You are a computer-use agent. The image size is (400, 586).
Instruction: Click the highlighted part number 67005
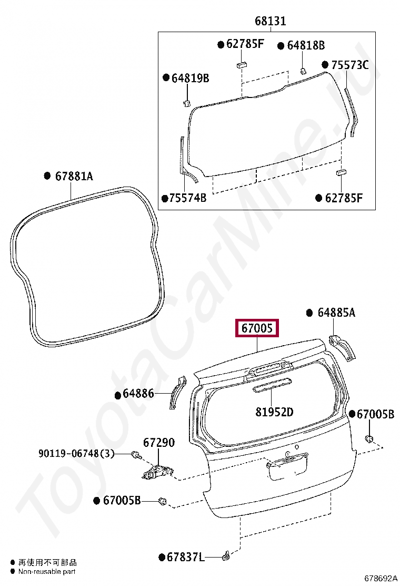coord(257,328)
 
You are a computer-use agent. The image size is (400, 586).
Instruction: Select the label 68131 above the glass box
coord(270,21)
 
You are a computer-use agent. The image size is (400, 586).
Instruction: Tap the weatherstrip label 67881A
coord(74,175)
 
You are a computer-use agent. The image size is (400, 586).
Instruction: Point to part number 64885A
coord(336,312)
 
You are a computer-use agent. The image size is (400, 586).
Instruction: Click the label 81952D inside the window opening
coord(274,412)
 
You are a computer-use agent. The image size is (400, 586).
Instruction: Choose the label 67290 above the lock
coord(159,443)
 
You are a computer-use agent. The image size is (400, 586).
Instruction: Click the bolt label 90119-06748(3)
coord(76,453)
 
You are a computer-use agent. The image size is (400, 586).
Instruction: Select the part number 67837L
coord(185,557)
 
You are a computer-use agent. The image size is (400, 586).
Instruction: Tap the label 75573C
coord(349,65)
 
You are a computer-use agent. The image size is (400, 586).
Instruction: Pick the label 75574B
coord(188,198)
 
